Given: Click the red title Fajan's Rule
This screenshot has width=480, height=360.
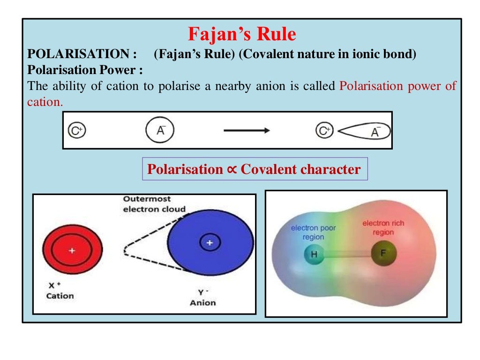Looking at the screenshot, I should (242, 34).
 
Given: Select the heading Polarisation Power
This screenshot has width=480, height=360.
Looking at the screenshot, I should (84, 70).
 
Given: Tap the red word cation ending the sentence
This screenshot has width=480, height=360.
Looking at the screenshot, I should (45, 102).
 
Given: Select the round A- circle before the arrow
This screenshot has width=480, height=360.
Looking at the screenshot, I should (161, 130).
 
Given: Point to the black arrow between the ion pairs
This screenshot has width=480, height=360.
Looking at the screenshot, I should (247, 130).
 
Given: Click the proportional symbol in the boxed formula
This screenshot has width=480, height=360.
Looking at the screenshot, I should (232, 169).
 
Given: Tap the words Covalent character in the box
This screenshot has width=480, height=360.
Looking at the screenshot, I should (300, 169).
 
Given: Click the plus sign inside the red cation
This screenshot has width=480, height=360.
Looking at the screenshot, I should (72, 251).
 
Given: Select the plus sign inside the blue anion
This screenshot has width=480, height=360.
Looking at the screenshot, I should (210, 242).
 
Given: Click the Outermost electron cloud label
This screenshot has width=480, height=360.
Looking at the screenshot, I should (154, 204).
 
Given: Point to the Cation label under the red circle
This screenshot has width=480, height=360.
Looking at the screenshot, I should (60, 296).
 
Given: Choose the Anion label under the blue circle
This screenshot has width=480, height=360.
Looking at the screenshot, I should (202, 302).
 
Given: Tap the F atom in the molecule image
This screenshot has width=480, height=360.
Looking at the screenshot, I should (383, 254).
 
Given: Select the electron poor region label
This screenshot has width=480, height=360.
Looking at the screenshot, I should (313, 232).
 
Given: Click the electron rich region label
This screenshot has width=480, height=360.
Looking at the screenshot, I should (383, 228).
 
